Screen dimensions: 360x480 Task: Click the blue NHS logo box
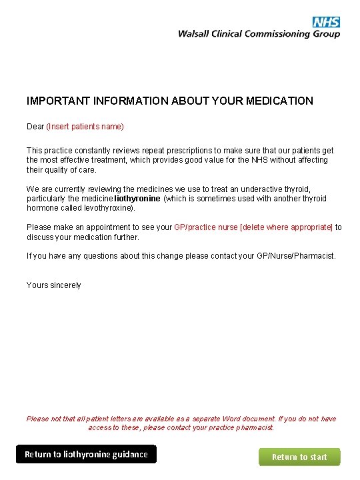[x=326, y=22]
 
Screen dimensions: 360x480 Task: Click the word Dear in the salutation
[x=35, y=127]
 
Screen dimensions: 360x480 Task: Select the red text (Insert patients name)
[x=85, y=127]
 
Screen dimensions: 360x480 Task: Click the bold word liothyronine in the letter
[x=137, y=199]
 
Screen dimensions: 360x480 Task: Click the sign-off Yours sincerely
[x=54, y=285]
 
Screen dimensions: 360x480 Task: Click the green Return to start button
[x=299, y=457]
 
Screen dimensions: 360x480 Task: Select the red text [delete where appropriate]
[x=286, y=227]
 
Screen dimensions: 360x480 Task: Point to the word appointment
[x=108, y=227]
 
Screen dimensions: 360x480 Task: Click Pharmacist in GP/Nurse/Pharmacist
[x=315, y=256]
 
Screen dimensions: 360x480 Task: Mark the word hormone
[x=41, y=208]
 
